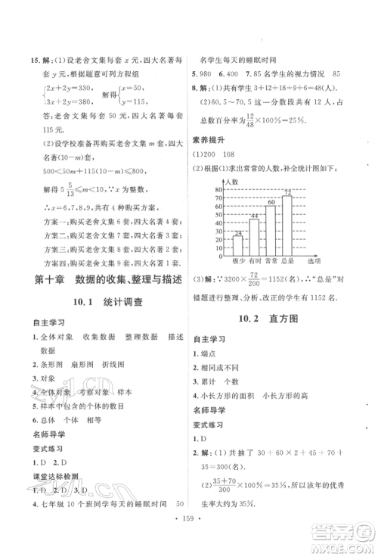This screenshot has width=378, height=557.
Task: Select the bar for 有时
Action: click(x=255, y=236)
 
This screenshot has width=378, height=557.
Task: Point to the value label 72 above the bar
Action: click(x=287, y=193)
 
